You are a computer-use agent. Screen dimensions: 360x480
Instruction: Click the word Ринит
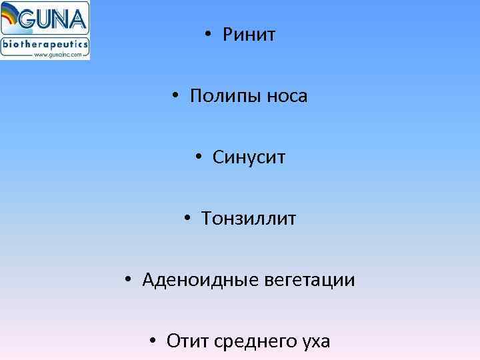(x=249, y=35)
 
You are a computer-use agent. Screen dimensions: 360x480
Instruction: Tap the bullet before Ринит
(x=209, y=35)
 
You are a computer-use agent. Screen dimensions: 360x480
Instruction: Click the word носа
(x=287, y=97)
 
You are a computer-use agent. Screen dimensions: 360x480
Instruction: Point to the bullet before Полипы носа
(x=175, y=96)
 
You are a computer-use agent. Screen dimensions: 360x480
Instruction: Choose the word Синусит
(x=249, y=157)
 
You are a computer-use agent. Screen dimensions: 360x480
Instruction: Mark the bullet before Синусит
(x=199, y=157)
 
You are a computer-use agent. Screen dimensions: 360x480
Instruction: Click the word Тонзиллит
(x=249, y=219)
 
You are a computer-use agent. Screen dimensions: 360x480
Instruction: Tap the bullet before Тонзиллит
(x=188, y=219)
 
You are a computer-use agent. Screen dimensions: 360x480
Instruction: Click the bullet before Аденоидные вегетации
(x=128, y=280)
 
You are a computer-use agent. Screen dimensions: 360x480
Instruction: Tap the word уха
(x=314, y=343)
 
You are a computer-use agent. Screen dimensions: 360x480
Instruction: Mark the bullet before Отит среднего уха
(x=153, y=341)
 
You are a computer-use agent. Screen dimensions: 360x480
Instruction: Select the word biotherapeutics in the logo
(x=45, y=44)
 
